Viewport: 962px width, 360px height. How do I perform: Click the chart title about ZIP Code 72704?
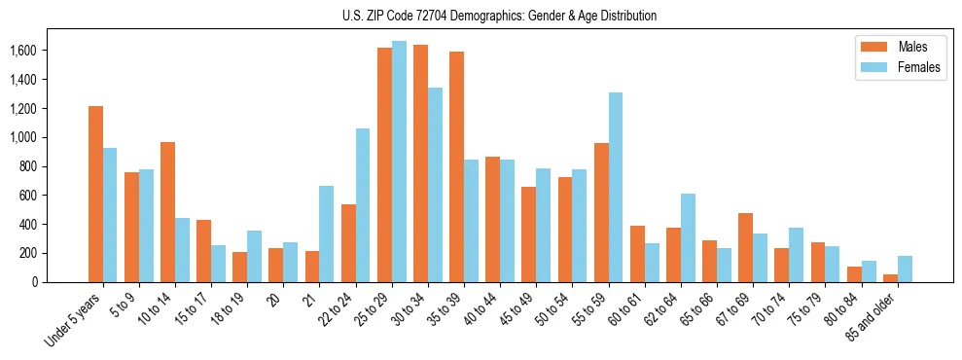click(x=499, y=16)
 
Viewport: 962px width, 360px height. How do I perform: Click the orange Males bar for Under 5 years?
click(x=95, y=194)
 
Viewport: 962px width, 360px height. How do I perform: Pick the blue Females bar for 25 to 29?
click(x=399, y=162)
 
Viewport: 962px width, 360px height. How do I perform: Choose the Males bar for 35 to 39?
click(x=456, y=166)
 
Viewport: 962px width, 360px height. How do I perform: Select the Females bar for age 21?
click(x=327, y=234)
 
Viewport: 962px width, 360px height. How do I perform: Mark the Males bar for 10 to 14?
click(x=167, y=212)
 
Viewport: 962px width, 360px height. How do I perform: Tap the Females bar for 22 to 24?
click(x=363, y=205)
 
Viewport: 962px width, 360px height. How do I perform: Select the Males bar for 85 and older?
click(x=890, y=278)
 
